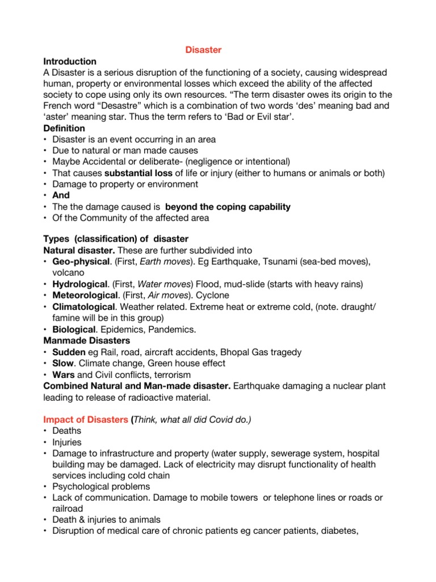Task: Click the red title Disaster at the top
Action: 203,50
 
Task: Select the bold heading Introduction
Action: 70,61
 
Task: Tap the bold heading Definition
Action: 64,128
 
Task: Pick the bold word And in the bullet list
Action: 61,196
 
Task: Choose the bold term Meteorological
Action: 86,296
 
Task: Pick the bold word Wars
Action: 63,375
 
